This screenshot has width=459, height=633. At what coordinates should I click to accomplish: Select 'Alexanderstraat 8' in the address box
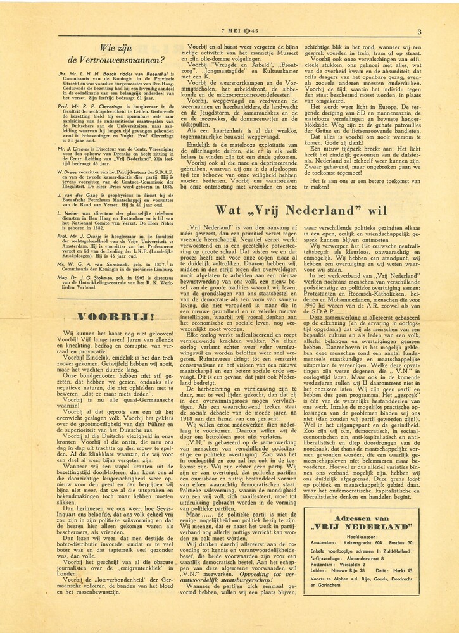click(x=368, y=558)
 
